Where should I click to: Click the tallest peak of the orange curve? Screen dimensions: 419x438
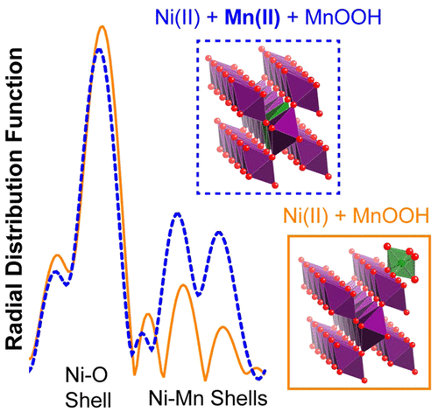pyautogui.click(x=102, y=27)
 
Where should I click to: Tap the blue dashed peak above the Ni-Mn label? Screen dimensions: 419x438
pyautogui.click(x=177, y=213)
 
